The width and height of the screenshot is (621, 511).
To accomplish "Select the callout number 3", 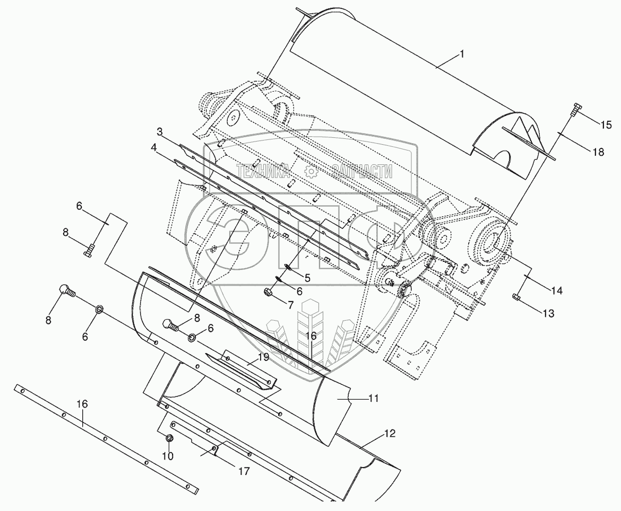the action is point(159,131).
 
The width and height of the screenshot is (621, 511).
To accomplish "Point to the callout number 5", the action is point(307,277).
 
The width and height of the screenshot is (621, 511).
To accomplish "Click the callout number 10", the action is point(168,456).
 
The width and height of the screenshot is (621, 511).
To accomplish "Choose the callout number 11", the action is point(373,398).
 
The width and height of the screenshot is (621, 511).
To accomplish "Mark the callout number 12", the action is point(390,434).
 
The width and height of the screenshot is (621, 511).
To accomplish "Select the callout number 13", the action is point(547,314).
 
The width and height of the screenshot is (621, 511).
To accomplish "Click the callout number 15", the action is point(606,125).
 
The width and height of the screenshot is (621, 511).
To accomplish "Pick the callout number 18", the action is point(598,152).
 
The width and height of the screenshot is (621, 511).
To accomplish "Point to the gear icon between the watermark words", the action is point(311,171).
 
